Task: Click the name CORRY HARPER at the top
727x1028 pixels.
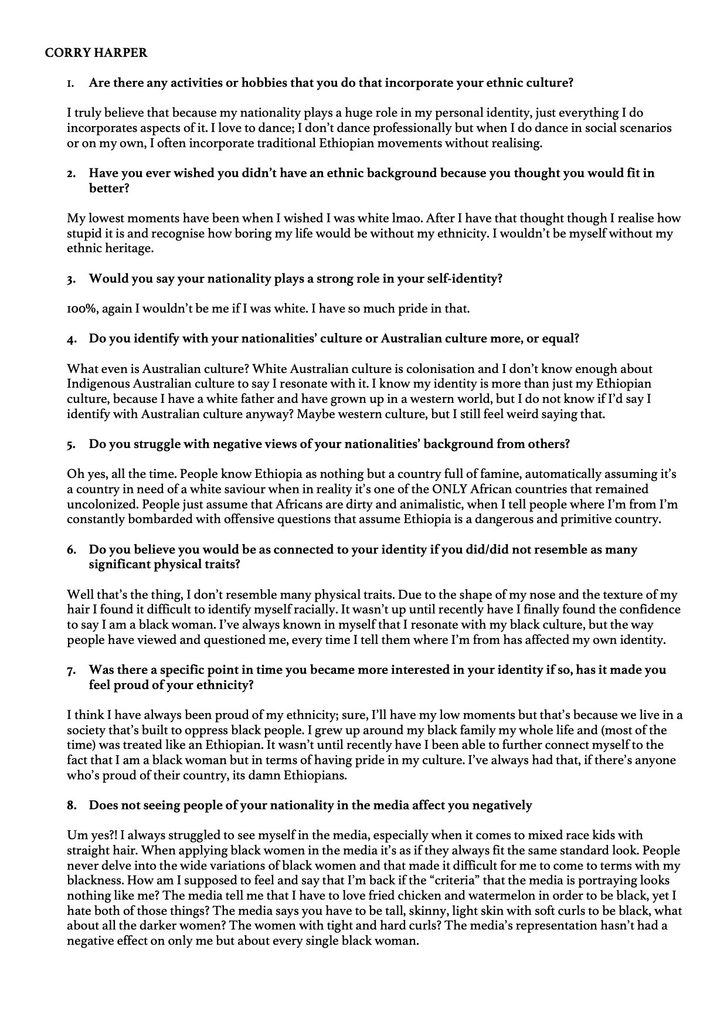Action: click(x=96, y=53)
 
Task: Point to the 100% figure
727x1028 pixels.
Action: click(x=82, y=308)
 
